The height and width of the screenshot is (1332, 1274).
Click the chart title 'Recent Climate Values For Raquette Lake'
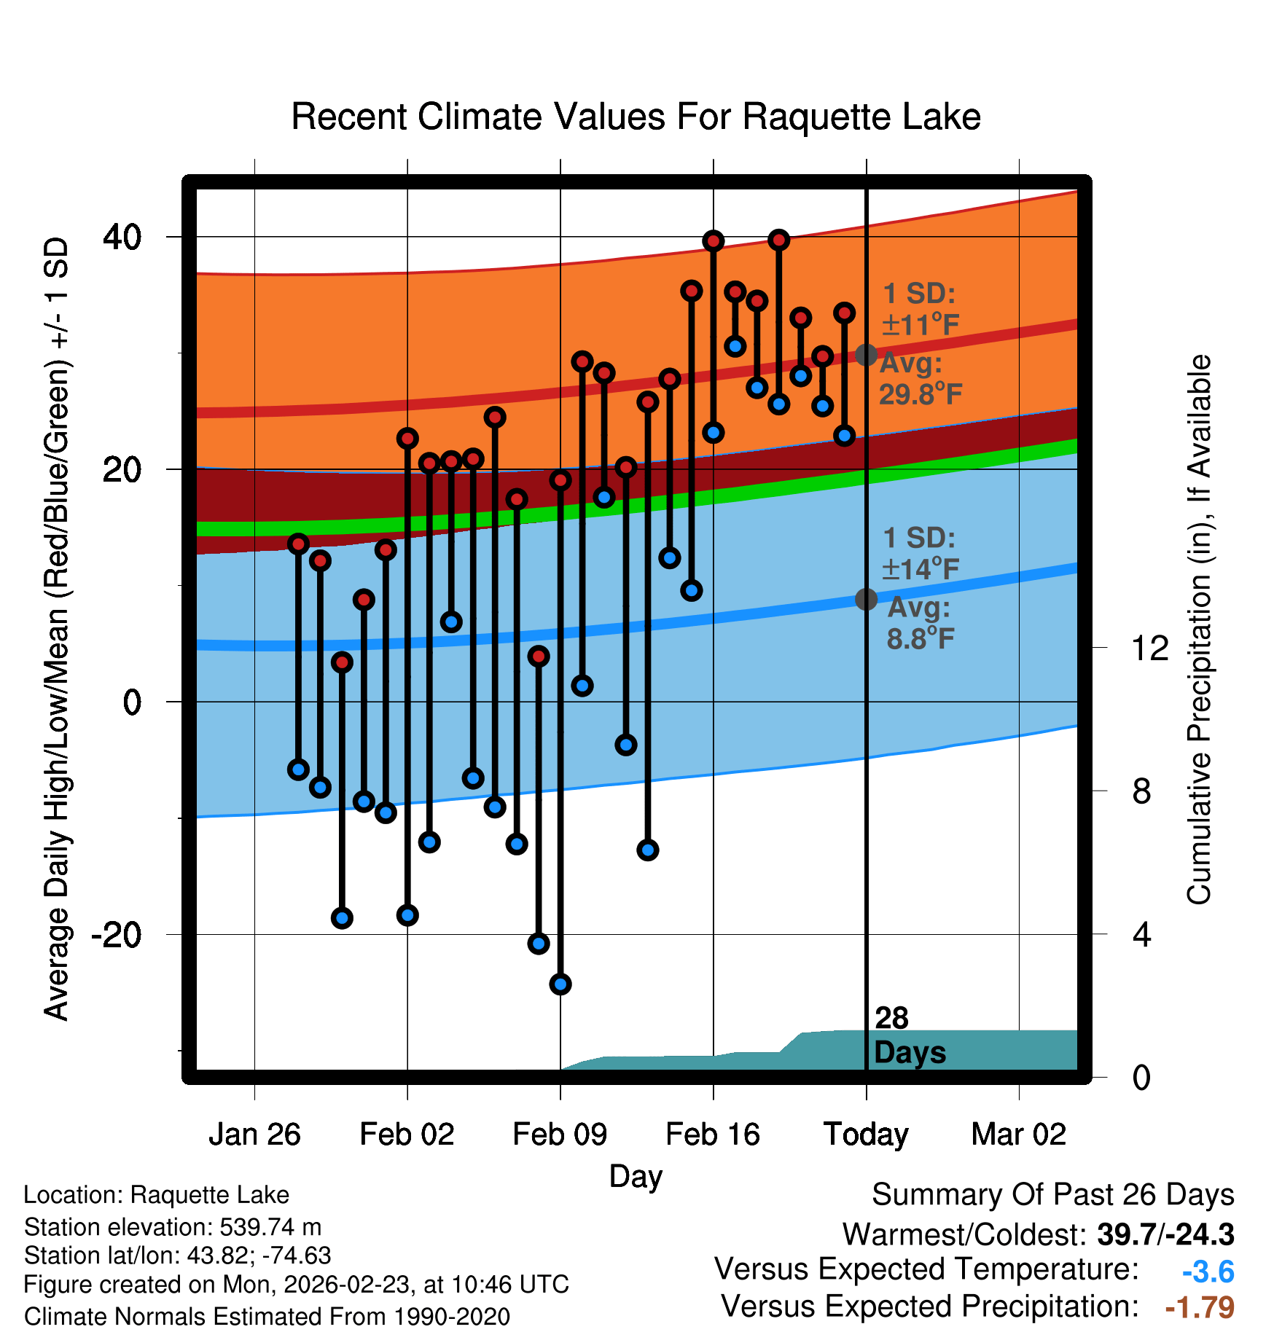click(x=636, y=117)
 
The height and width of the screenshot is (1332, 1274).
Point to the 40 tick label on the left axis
click(x=122, y=237)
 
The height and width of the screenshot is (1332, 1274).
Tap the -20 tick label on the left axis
click(x=116, y=934)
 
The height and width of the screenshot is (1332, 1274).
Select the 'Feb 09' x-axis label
click(x=560, y=1135)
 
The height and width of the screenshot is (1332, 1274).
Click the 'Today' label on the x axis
click(x=866, y=1135)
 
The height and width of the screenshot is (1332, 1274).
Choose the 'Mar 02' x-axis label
click(x=1018, y=1135)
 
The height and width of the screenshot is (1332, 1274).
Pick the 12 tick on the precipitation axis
click(x=1149, y=648)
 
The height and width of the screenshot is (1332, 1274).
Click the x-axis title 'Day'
click(x=636, y=1176)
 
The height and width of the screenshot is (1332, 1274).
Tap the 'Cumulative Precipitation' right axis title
click(x=1199, y=630)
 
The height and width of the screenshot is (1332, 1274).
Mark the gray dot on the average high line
click(x=866, y=355)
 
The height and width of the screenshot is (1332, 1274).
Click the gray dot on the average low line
click(x=866, y=599)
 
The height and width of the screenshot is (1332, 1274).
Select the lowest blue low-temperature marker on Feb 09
click(x=560, y=984)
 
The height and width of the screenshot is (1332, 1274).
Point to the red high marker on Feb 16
click(x=714, y=241)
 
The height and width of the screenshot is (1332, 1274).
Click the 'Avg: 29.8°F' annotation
click(x=920, y=379)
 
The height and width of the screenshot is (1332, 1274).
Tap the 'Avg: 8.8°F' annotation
click(x=920, y=624)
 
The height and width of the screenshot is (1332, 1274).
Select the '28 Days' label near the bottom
click(x=909, y=1035)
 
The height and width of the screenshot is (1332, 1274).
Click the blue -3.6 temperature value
click(x=1208, y=1272)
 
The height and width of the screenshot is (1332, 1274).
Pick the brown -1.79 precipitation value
click(x=1200, y=1307)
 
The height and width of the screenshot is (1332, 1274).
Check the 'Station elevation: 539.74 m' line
click(x=173, y=1227)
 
